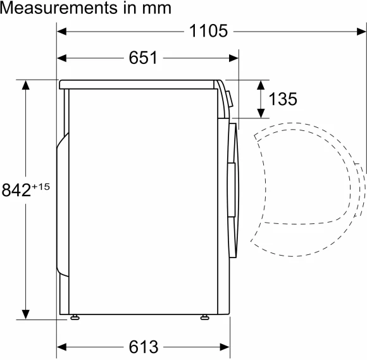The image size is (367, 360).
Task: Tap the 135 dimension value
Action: coord(282,99)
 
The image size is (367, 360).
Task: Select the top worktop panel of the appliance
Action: coord(139,84)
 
